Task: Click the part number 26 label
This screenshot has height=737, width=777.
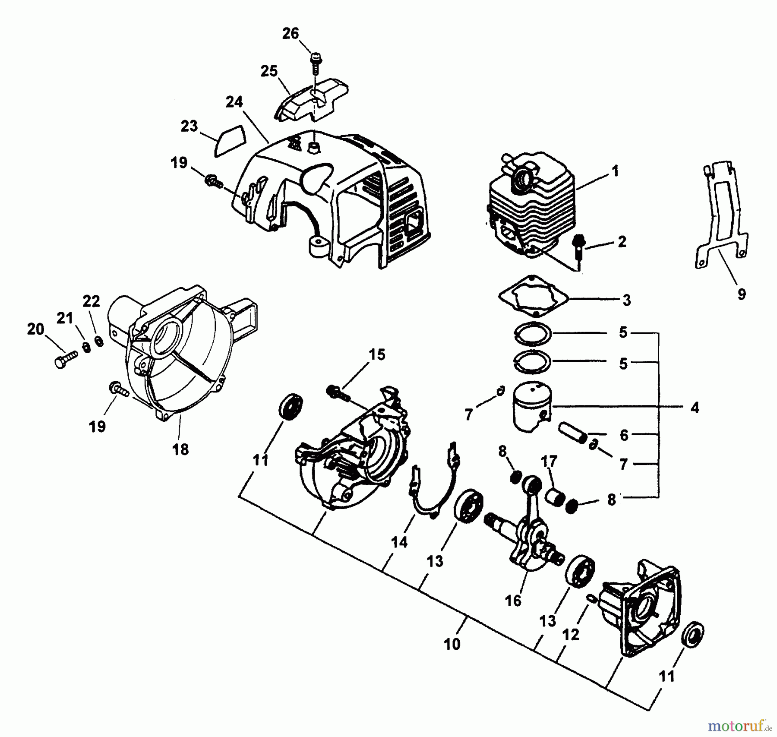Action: (291, 33)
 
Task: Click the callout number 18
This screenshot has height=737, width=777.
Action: (180, 449)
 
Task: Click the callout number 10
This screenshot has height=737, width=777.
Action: (452, 644)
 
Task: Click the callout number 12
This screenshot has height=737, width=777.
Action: (571, 635)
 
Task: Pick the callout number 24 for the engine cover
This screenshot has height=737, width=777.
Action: (234, 102)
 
